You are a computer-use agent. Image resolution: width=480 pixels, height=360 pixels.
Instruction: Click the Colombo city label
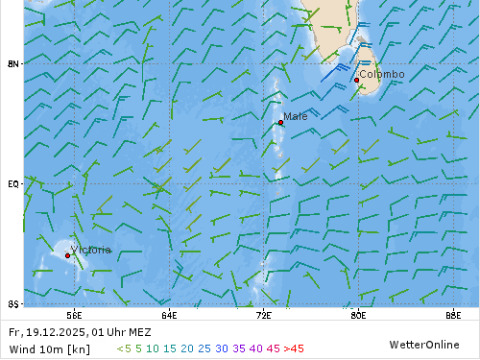[x=381, y=74]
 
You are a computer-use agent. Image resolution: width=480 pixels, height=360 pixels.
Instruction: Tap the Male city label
[x=296, y=116]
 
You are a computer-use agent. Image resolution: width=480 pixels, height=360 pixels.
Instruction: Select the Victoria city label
[x=91, y=250]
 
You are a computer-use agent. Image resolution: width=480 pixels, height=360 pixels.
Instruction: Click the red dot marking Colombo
[x=356, y=80]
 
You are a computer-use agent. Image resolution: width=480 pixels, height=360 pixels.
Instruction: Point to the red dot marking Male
[x=280, y=122]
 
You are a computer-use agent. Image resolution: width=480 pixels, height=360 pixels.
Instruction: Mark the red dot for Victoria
[x=67, y=255]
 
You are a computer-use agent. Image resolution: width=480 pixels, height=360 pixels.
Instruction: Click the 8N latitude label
[x=13, y=63]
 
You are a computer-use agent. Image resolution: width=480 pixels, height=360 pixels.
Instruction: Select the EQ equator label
[x=13, y=183]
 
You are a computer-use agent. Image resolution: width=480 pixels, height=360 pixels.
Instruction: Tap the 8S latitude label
[x=13, y=303]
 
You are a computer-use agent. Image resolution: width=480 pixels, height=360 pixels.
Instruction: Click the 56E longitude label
[x=74, y=314]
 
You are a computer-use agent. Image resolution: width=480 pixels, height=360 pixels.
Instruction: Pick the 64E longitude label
[x=169, y=314]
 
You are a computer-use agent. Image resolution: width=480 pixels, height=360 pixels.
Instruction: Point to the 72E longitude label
[x=264, y=314]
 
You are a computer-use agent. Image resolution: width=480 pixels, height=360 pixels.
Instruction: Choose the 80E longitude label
[x=358, y=314]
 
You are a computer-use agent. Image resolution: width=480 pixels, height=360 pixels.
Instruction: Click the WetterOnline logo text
[x=423, y=345]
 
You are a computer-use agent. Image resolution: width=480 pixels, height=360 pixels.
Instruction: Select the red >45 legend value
[x=294, y=348]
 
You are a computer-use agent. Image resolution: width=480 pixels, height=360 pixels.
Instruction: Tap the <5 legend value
[x=124, y=348]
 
